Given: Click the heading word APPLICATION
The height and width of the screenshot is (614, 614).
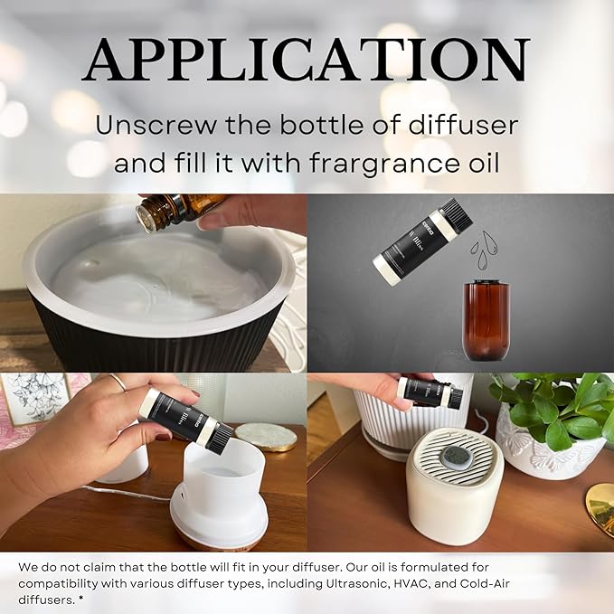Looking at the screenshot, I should pyautogui.click(x=307, y=61).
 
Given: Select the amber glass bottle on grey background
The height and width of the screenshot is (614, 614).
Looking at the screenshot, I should pyautogui.click(x=486, y=320).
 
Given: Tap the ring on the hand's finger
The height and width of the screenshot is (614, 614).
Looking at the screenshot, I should pyautogui.click(x=118, y=383).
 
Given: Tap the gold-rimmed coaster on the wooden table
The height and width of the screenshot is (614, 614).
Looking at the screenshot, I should pyautogui.click(x=266, y=437).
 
